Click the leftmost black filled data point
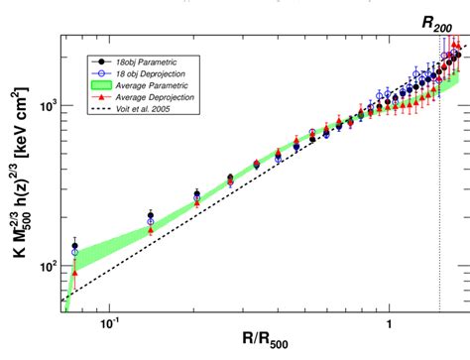click(x=75, y=246)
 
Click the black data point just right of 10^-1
click(x=151, y=215)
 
